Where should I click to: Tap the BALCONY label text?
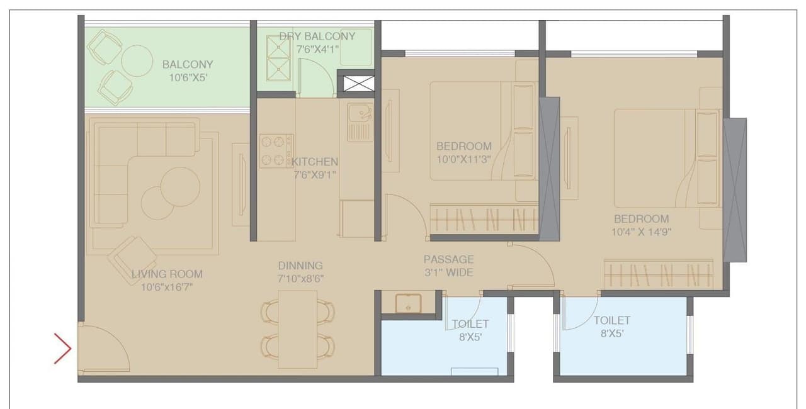(188, 64)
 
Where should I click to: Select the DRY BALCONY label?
(317, 36)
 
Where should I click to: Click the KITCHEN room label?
(314, 162)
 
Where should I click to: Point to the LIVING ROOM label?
(167, 274)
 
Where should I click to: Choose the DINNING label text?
(300, 266)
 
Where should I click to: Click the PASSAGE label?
(448, 259)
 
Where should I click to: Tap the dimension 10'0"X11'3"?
(464, 159)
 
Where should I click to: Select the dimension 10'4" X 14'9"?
(642, 232)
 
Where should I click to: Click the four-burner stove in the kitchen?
(276, 151)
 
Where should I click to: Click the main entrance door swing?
(104, 347)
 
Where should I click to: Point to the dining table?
(298, 329)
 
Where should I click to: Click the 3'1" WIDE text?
(448, 272)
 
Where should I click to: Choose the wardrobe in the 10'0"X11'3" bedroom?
(484, 220)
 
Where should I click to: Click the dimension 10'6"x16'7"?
(167, 287)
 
